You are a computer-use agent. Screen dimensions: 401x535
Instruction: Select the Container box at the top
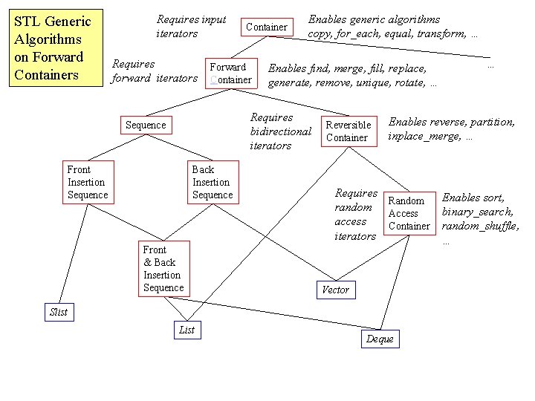266,27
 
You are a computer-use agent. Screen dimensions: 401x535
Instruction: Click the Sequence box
146,125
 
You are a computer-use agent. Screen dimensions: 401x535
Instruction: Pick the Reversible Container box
348,131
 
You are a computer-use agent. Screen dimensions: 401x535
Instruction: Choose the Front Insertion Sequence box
88,182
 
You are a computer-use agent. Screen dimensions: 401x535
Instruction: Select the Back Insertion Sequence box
212,182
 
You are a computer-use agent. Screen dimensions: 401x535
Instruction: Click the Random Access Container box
409,213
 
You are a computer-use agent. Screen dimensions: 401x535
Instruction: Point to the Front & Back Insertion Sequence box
163,269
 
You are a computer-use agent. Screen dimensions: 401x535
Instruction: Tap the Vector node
335,290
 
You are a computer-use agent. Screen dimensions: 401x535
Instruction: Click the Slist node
58,312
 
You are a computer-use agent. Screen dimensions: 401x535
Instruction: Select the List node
187,330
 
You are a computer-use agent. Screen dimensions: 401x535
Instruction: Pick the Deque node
380,339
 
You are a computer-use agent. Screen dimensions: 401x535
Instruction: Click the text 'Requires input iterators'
190,27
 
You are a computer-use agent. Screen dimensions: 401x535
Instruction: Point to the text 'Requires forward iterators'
155,71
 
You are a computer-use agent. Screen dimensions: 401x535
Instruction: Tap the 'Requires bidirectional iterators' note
280,131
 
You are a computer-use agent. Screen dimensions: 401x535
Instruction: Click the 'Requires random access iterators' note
355,215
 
